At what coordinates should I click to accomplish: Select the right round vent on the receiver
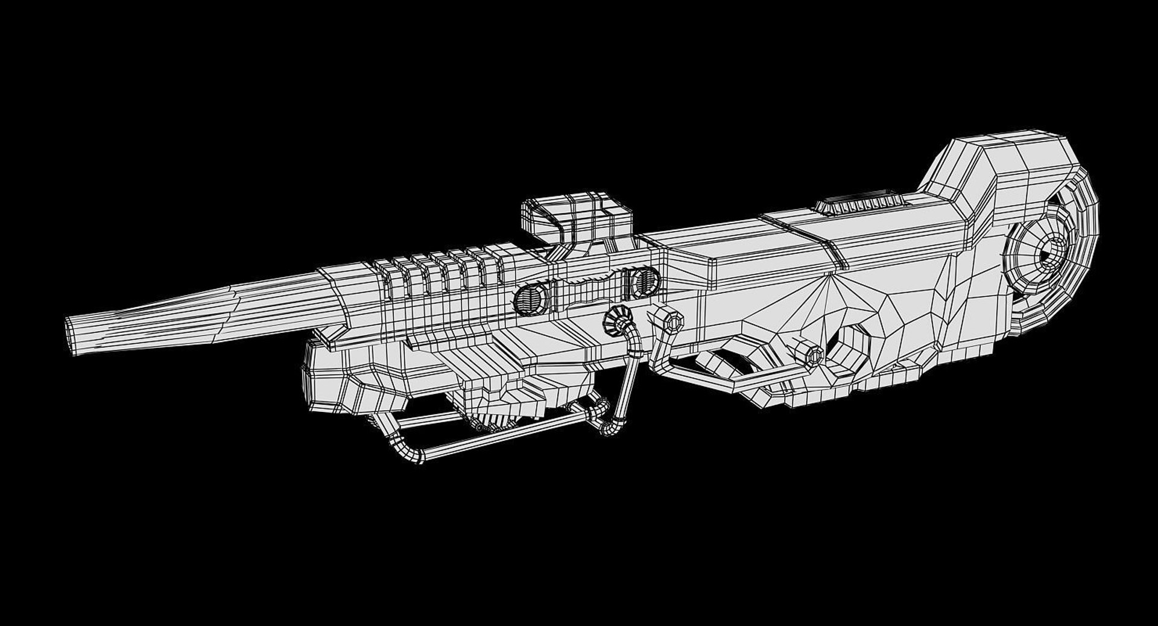[644, 282]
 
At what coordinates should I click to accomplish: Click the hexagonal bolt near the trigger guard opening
[808, 354]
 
